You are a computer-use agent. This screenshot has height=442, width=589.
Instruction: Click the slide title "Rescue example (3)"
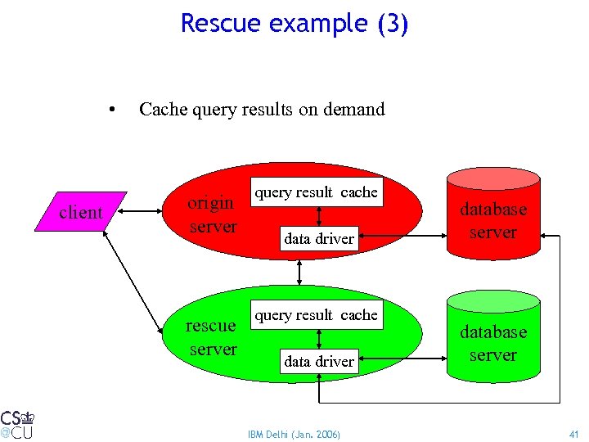tap(294, 23)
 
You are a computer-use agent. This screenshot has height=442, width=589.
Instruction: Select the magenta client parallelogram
tap(81, 212)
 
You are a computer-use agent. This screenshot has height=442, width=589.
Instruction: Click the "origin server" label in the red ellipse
tap(212, 214)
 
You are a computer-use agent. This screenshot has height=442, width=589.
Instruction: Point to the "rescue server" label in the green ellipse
tap(211, 337)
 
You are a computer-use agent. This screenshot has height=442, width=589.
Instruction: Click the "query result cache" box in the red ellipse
tap(317, 192)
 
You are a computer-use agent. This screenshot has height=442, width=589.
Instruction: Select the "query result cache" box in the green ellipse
tap(317, 315)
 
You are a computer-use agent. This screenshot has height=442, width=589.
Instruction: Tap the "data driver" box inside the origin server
tap(318, 239)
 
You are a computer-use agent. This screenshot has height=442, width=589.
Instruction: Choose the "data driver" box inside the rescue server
tap(318, 362)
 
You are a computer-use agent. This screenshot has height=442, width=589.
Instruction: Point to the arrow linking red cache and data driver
tap(319, 215)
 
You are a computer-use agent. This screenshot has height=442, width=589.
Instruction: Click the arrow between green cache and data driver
tap(319, 338)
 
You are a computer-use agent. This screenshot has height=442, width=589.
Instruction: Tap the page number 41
tap(573, 434)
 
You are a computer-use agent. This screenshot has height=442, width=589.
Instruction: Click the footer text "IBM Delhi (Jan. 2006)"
tap(294, 434)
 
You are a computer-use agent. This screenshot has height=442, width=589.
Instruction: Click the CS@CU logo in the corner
tap(17, 423)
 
